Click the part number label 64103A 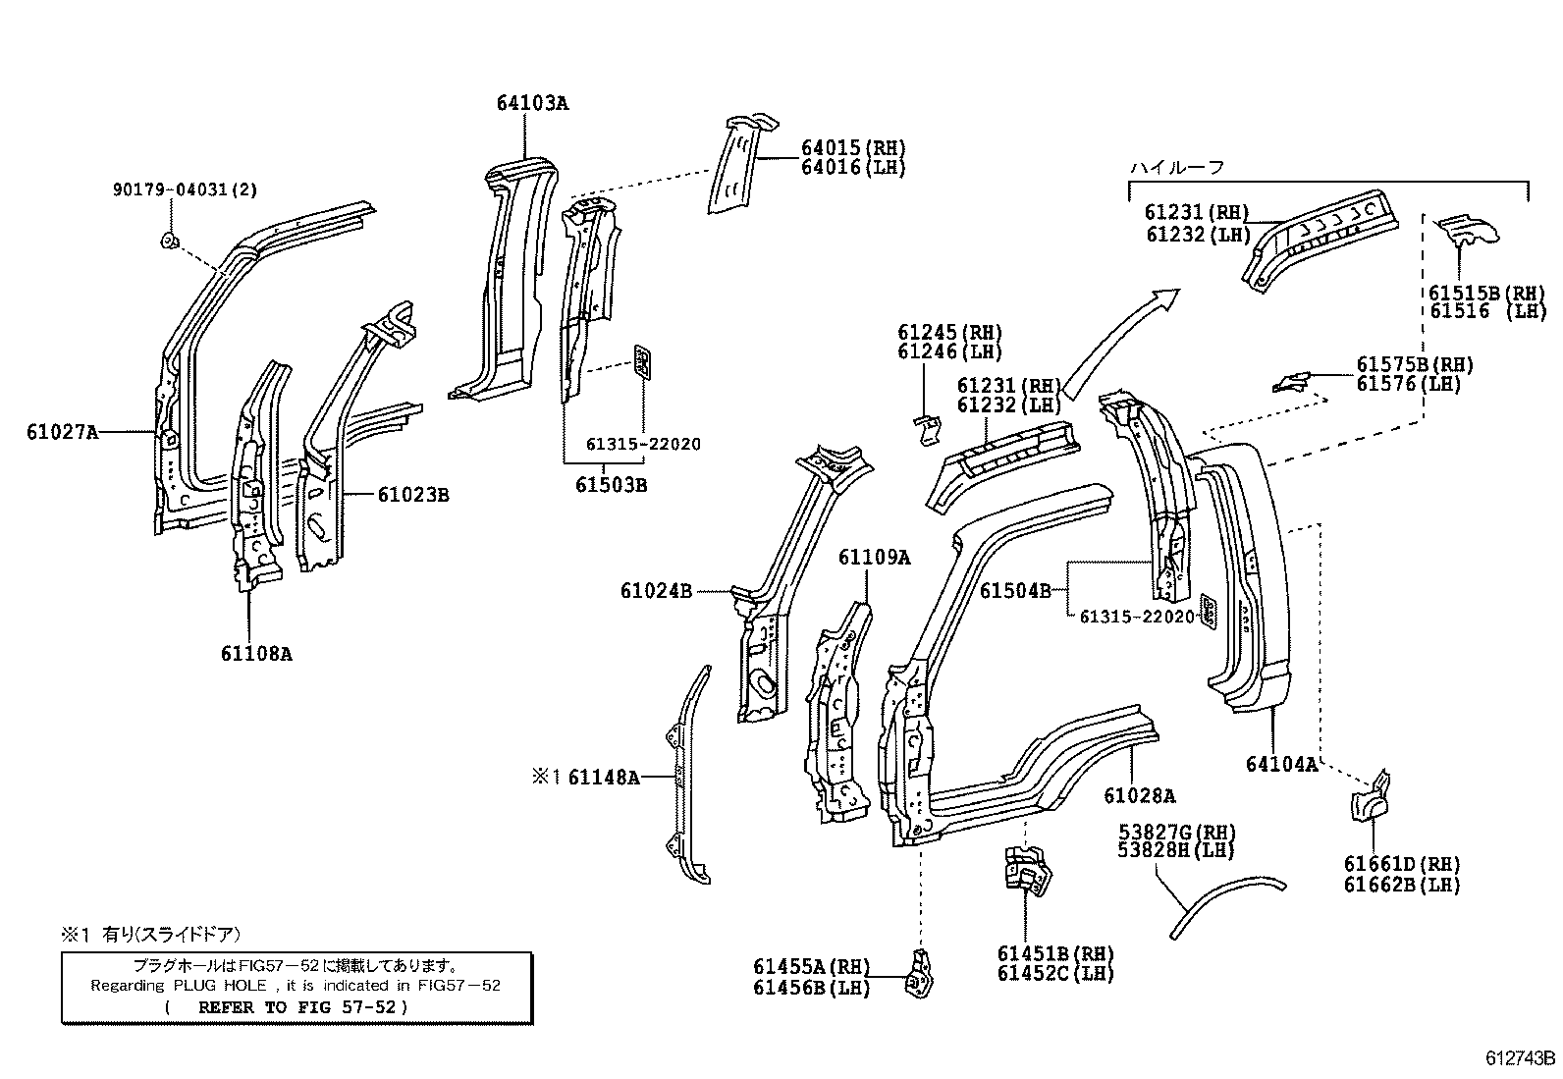[x=532, y=103]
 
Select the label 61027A [x=63, y=430]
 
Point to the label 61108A [x=255, y=653]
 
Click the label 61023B [x=412, y=495]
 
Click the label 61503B [x=611, y=485]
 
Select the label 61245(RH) [x=948, y=333]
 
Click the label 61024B [x=656, y=590]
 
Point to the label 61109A [x=874, y=558]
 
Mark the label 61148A [x=603, y=778]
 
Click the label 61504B [x=1015, y=590]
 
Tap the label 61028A [x=1139, y=795]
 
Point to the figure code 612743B [x=1520, y=1058]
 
